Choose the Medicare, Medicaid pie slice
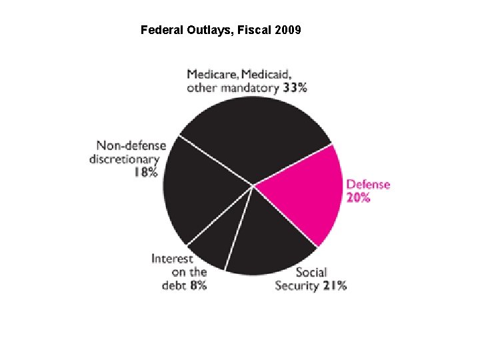253,133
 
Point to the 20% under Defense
358,197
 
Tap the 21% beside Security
334,285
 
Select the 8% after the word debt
199,285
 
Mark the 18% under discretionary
145,172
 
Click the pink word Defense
368,184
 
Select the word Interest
172,259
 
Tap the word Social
311,272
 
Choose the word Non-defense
131,145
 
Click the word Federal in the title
159,30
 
